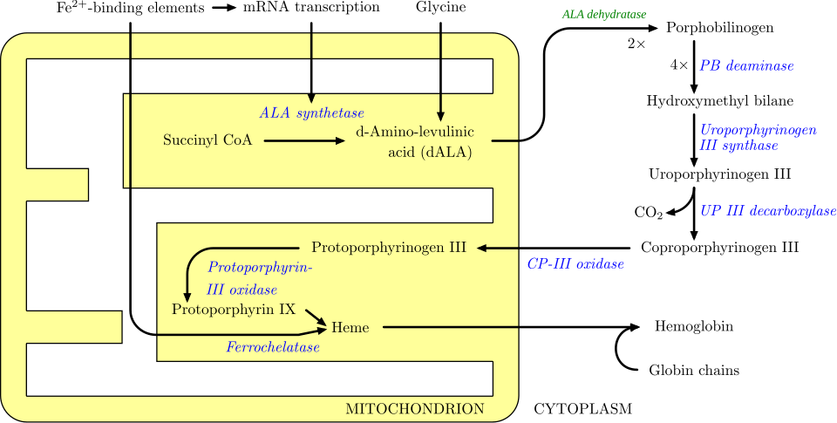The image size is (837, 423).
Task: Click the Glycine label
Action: point(441,8)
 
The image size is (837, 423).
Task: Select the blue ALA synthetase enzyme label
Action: point(311,113)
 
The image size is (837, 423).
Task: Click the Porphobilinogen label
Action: point(719,28)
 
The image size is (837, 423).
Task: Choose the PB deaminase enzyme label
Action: point(745,65)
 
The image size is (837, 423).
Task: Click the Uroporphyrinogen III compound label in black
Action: point(720,174)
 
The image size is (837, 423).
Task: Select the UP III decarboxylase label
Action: point(768,211)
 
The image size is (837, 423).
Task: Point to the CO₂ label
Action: point(648,213)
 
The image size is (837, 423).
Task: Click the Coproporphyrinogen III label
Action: point(719,248)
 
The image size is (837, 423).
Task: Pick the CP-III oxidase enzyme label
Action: point(575,263)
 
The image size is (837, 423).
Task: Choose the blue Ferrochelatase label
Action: point(272,347)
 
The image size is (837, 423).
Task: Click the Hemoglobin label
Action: point(693,327)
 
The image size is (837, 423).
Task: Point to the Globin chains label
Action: point(694,371)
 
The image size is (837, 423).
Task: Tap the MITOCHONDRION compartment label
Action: point(415,408)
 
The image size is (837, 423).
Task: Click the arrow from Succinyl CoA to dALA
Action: point(304,140)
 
